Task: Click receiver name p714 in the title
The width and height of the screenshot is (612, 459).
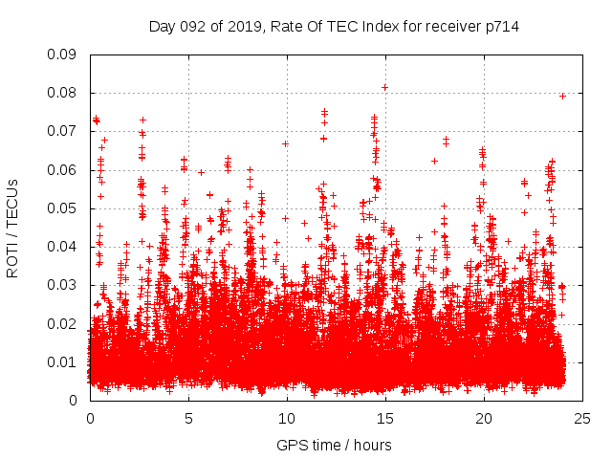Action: click(x=500, y=27)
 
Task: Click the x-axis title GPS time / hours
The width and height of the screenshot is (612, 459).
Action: click(x=334, y=445)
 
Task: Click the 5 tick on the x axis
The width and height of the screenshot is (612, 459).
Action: click(x=188, y=418)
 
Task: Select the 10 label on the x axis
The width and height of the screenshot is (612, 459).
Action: click(x=287, y=418)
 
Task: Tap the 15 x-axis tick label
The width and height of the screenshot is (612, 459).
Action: click(x=385, y=418)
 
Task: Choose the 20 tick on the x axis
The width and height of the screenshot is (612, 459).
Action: click(x=484, y=418)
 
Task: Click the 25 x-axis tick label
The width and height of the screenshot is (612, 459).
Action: click(x=582, y=418)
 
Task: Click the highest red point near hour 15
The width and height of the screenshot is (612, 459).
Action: click(x=384, y=87)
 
